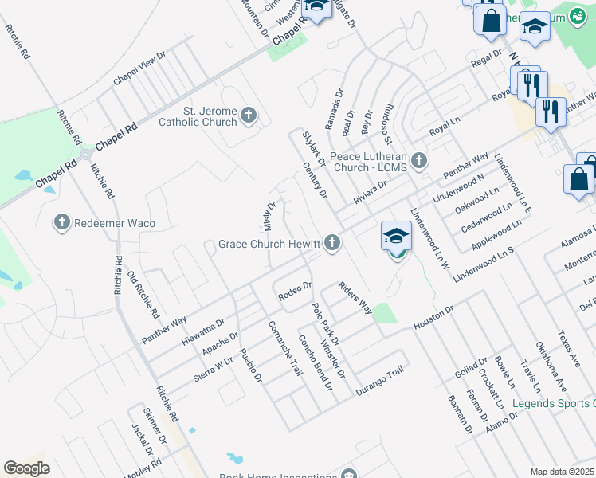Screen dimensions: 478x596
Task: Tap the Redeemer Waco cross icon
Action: (x=62, y=223)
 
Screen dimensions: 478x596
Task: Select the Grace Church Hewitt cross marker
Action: (x=331, y=244)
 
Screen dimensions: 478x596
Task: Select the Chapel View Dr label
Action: (x=139, y=69)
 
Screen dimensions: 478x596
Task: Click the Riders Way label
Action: (x=355, y=297)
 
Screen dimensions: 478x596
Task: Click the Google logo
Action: (x=27, y=468)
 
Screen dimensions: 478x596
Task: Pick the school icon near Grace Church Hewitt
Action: (x=396, y=237)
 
